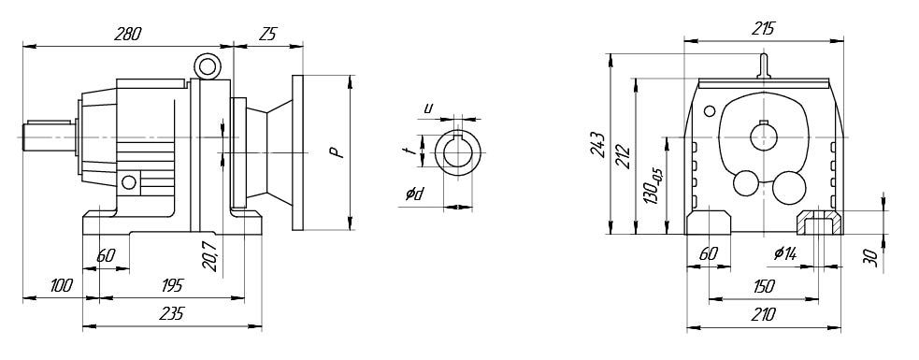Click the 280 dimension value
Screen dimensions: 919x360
click(128, 34)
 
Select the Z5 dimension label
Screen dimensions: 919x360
click(266, 35)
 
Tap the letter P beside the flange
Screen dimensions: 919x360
click(336, 152)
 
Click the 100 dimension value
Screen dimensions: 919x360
click(61, 285)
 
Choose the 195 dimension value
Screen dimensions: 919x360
click(170, 285)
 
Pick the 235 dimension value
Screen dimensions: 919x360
click(171, 313)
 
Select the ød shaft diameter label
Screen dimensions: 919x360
click(414, 194)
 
